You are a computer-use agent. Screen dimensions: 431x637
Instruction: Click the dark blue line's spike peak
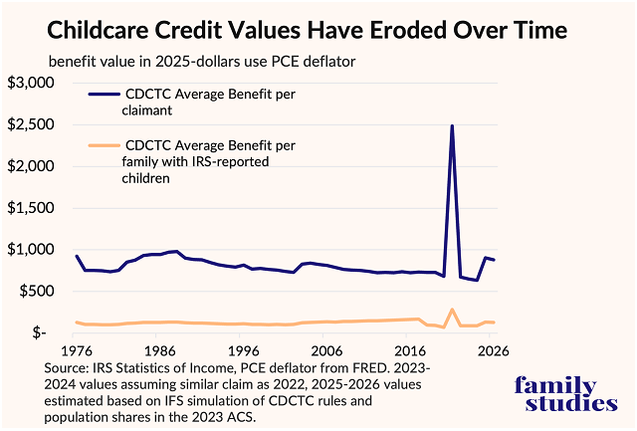pos(453,126)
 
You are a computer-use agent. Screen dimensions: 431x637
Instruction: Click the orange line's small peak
pos(453,310)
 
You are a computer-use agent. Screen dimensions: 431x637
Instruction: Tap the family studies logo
pos(560,394)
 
